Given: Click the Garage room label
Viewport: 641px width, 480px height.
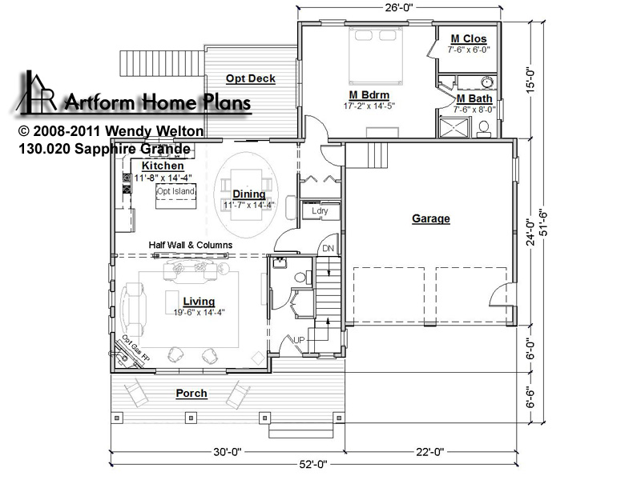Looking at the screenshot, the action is click(x=430, y=218).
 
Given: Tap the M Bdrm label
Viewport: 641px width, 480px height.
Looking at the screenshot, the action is click(x=369, y=95).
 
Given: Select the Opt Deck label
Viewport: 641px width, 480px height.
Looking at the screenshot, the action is click(x=251, y=78).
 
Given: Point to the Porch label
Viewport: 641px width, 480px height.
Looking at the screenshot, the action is click(x=191, y=394).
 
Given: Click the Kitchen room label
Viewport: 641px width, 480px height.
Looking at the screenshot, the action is click(x=163, y=166).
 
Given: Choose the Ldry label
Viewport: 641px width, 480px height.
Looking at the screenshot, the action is click(x=320, y=210).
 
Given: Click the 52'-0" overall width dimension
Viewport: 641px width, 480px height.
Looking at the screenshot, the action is click(x=313, y=465).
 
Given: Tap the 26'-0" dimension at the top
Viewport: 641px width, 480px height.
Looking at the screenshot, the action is click(x=399, y=7).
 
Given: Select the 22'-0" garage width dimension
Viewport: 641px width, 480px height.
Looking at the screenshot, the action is click(x=430, y=452).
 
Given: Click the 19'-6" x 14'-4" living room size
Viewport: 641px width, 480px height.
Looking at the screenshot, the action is click(x=199, y=312).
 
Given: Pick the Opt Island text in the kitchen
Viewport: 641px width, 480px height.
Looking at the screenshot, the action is click(x=175, y=191).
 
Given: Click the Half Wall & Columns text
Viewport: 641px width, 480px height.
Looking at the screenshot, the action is click(x=191, y=245).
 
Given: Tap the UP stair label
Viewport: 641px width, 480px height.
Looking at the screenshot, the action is click(x=299, y=339).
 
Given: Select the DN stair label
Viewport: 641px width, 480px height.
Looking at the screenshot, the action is click(x=329, y=248).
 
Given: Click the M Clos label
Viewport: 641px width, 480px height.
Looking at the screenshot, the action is click(x=469, y=38).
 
